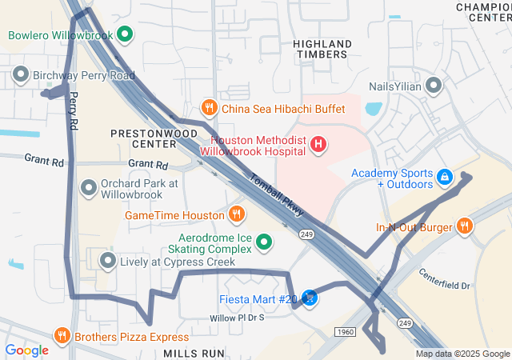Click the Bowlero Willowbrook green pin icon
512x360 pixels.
124,34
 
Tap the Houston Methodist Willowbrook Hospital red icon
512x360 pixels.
318,145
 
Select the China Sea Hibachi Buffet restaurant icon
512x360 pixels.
208,107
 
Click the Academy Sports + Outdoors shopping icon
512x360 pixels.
444,174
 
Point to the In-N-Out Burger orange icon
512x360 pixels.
465,227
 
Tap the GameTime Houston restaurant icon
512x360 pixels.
236,214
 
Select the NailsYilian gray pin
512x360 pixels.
434,86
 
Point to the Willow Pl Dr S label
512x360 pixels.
236,318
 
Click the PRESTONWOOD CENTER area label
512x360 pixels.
143,138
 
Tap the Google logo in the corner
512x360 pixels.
26,350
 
